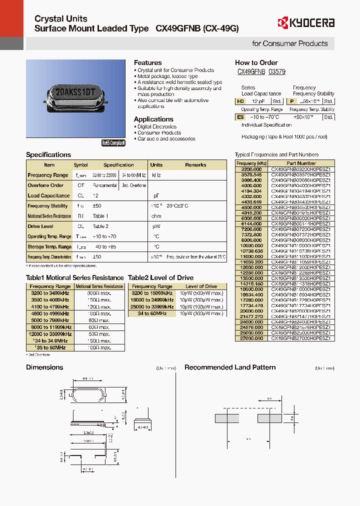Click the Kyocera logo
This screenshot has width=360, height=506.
[306, 22]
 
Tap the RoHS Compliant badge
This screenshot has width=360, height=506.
[113, 143]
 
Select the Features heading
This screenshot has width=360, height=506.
[147, 63]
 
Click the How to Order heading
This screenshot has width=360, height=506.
[256, 63]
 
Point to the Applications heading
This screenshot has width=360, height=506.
[153, 119]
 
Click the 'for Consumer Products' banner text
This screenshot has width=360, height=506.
[289, 43]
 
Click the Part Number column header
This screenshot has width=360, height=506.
[301, 163]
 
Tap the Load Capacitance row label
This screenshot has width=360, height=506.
[49, 195]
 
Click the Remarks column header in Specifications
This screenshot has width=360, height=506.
[195, 165]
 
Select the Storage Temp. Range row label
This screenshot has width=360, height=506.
[49, 246]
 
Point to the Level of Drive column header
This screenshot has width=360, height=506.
[201, 286]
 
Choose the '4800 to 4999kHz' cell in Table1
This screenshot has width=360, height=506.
[50, 313]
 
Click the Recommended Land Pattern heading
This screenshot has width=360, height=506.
[230, 367]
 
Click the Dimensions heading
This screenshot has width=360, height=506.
[44, 367]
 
